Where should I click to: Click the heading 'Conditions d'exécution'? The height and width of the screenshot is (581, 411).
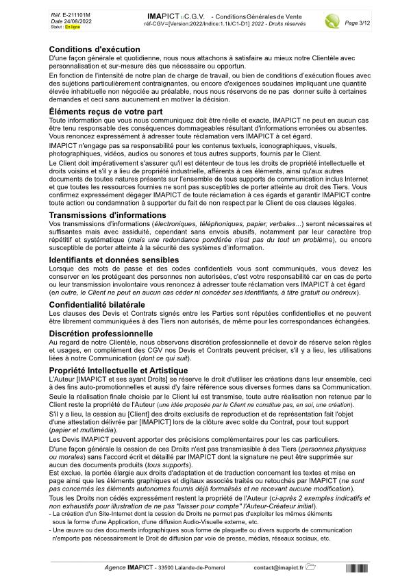(95, 49)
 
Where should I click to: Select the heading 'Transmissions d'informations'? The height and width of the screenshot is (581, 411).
(108, 215)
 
